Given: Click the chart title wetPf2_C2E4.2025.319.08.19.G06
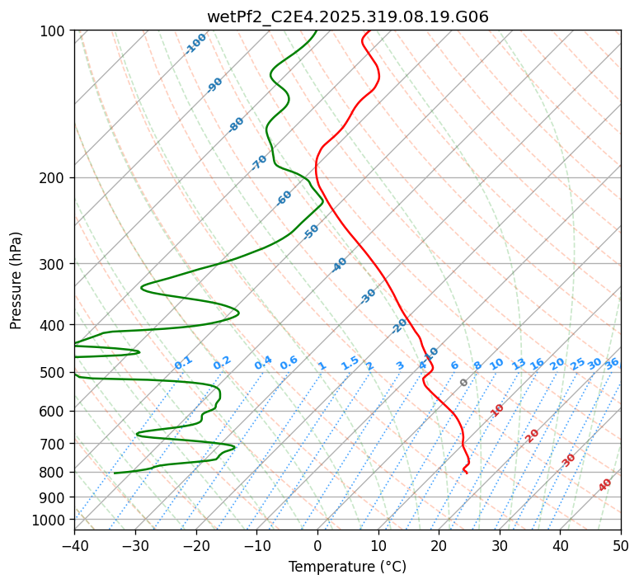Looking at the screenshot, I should click(347, 16).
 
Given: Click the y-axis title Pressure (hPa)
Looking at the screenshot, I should click(16, 280).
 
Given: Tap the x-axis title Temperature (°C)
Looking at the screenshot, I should click(347, 567).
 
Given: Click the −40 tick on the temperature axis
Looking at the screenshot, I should click(74, 545).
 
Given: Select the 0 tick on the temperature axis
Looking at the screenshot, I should click(317, 545).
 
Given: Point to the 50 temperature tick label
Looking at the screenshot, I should click(621, 545).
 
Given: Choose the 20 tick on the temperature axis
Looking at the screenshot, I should click(439, 545).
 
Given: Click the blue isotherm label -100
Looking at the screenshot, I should click(196, 44).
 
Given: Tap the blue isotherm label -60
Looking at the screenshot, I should click(284, 198).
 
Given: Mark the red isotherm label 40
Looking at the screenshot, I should click(605, 485).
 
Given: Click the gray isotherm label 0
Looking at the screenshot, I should click(464, 383).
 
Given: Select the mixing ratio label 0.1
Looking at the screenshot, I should click(183, 362).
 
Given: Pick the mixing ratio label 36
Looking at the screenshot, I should click(612, 363).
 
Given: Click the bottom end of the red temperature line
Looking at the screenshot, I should click(467, 473).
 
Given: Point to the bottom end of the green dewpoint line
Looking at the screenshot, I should click(114, 473).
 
